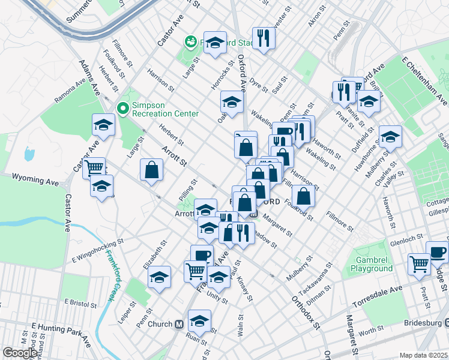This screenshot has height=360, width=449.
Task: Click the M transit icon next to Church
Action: (178, 325)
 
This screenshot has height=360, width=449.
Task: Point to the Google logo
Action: (20, 353)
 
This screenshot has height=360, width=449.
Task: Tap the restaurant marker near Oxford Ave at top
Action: (264, 38)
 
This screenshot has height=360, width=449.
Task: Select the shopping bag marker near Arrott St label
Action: (151, 170)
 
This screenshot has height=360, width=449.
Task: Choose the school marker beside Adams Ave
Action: (103, 125)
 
